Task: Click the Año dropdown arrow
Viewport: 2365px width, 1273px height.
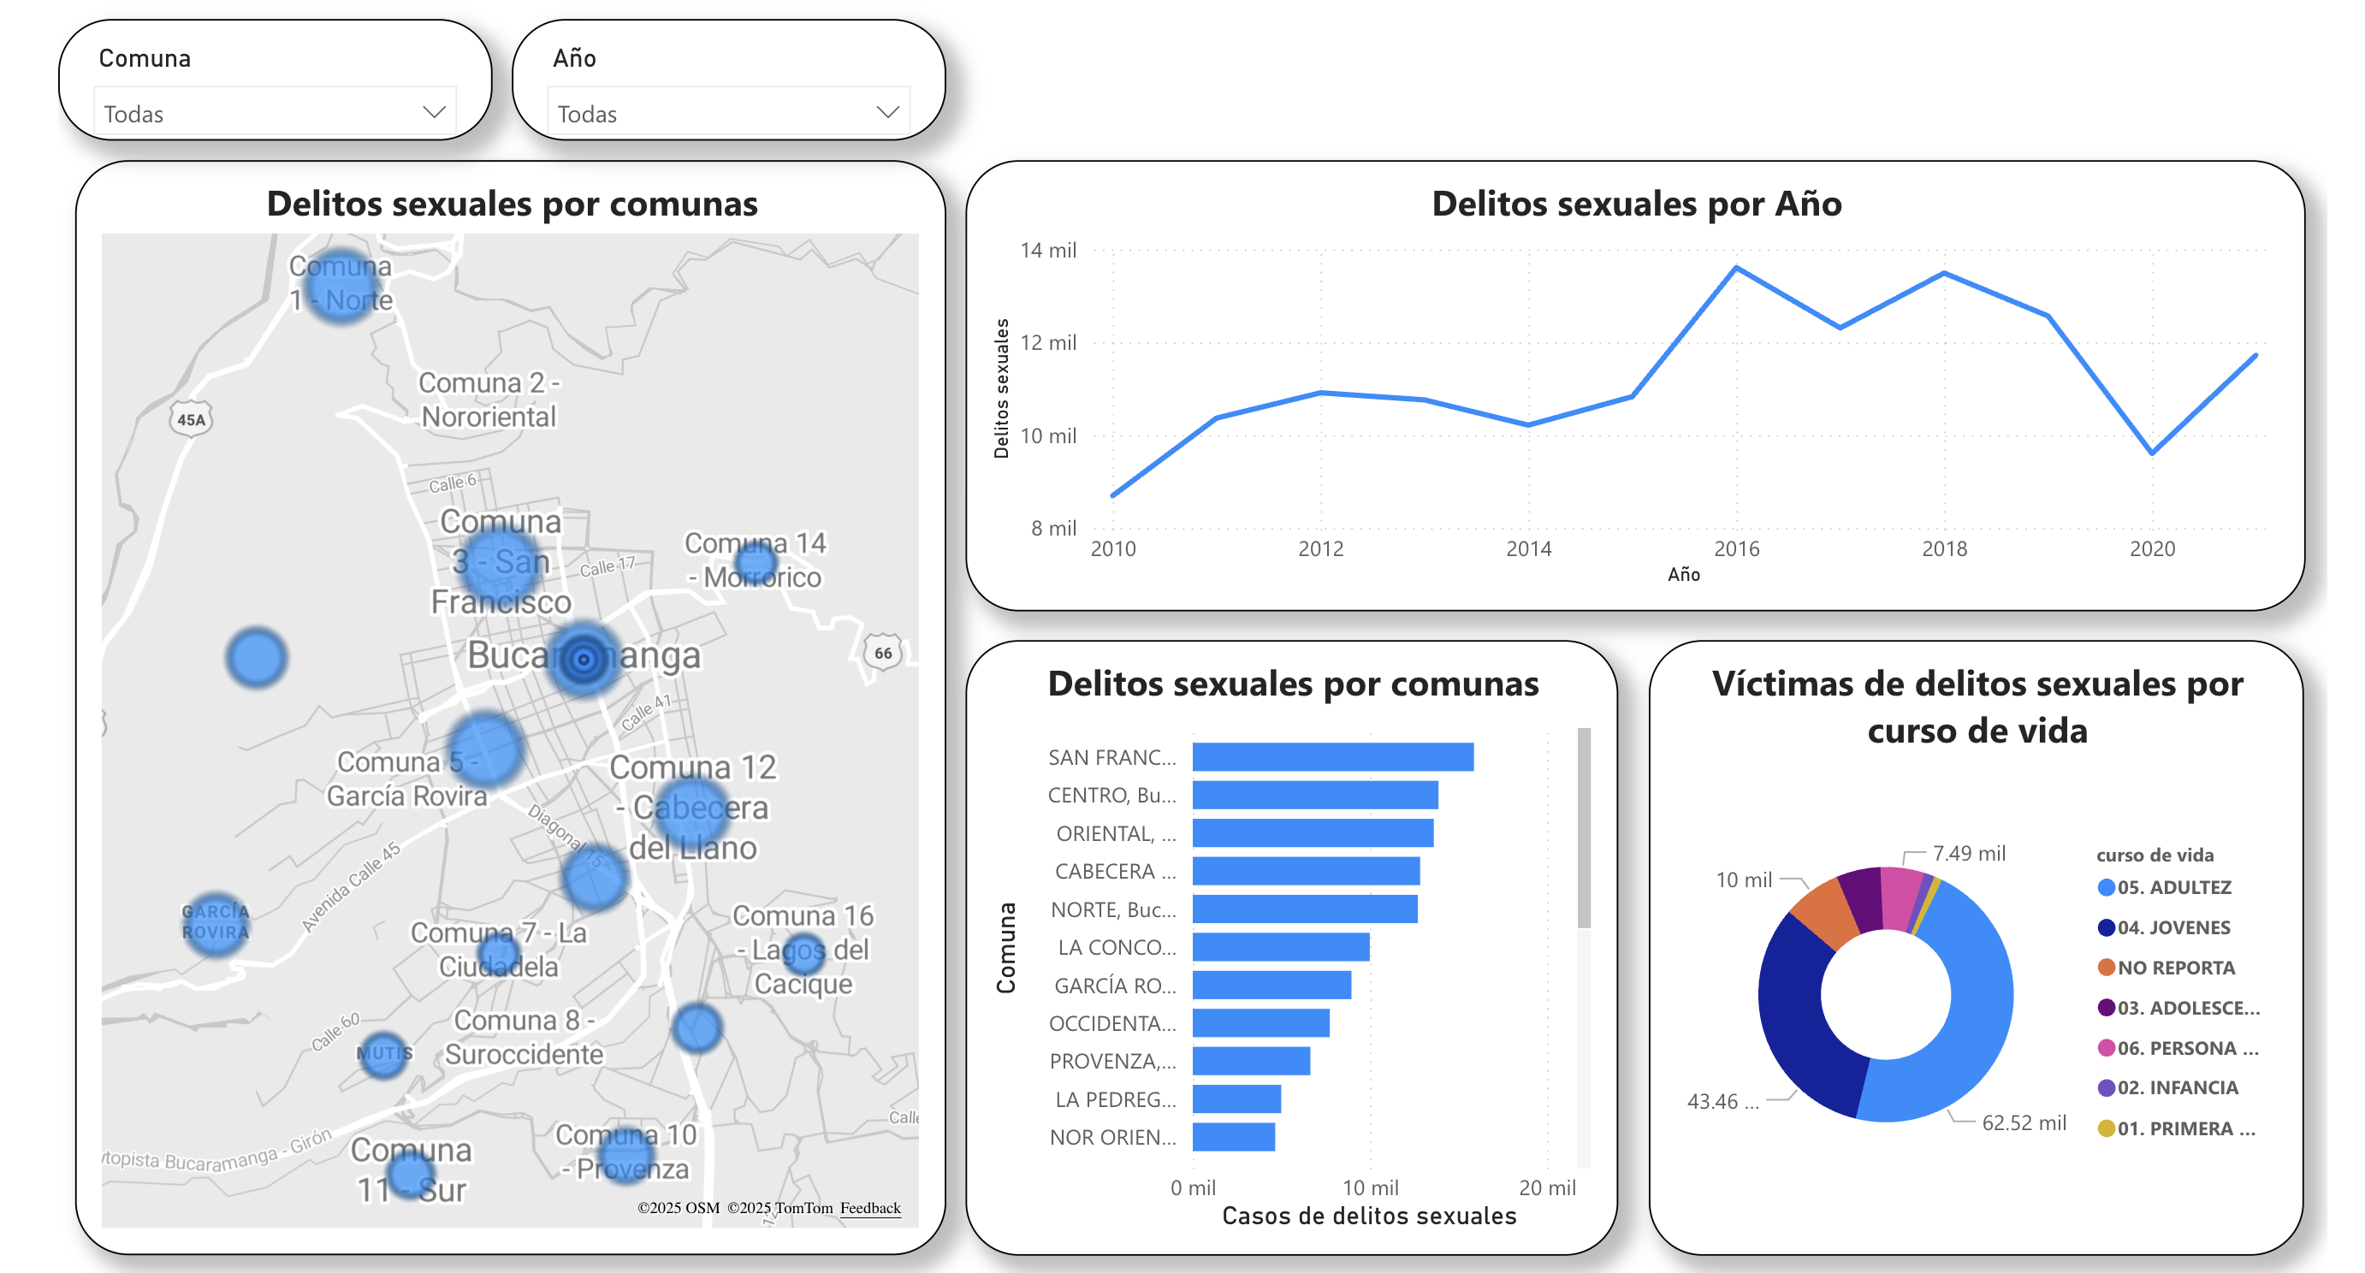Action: [x=886, y=112]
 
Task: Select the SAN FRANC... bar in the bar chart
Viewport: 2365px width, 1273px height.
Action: [x=1332, y=757]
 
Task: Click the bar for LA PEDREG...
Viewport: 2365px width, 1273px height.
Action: [x=1236, y=1098]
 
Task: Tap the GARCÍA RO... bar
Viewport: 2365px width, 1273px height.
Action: [x=1271, y=985]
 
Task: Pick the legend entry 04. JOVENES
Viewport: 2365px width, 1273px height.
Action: [x=2172, y=927]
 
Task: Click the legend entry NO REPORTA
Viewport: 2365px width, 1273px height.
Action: [x=2175, y=968]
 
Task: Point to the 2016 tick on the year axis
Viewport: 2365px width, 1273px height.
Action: [x=1736, y=549]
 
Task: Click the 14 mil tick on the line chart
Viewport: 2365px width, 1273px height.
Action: [x=1047, y=251]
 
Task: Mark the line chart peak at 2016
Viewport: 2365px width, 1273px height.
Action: [x=1736, y=268]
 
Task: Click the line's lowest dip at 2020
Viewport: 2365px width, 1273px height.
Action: [x=2152, y=453]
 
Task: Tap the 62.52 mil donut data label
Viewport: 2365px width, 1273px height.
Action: [x=2024, y=1122]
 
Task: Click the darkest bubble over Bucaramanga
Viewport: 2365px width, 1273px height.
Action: [x=583, y=658]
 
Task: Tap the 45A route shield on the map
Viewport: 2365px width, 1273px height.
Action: [x=191, y=419]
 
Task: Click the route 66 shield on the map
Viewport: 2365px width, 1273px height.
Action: [x=882, y=654]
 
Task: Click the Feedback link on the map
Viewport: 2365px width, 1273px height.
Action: [x=869, y=1208]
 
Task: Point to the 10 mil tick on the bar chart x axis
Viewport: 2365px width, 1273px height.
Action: [x=1370, y=1187]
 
